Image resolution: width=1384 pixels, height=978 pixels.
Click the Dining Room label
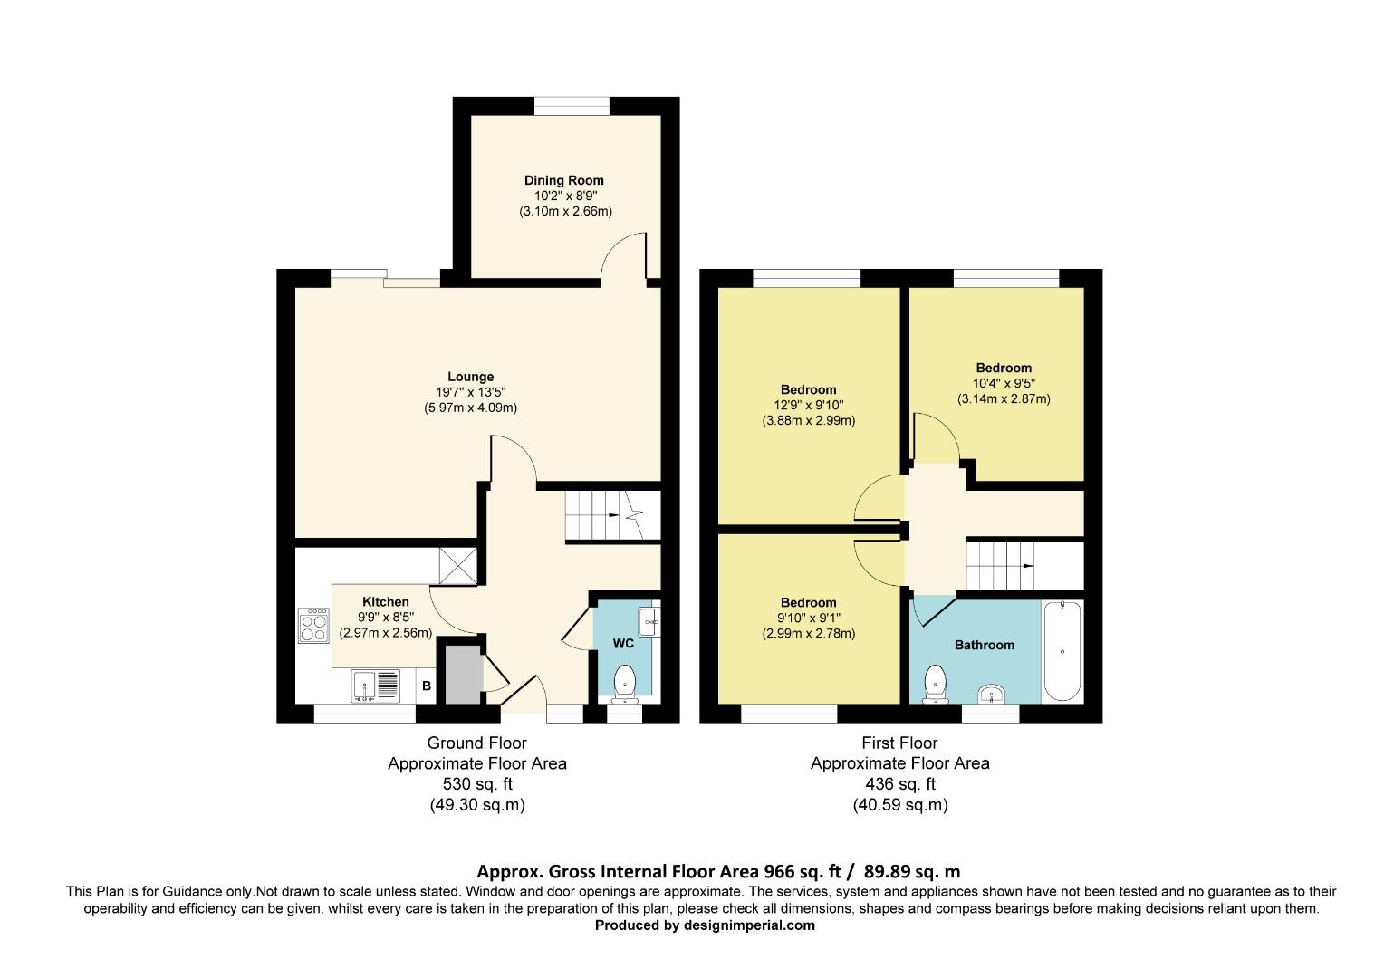[563, 180]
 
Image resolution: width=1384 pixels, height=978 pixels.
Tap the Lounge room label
[470, 377]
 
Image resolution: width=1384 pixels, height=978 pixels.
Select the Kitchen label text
[385, 602]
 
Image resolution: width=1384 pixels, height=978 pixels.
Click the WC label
[623, 644]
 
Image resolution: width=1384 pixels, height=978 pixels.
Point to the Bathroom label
[984, 645]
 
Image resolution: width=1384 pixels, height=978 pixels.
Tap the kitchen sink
[375, 686]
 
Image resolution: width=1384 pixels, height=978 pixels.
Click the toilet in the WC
[625, 684]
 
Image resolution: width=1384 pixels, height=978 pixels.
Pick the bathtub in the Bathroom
[1062, 651]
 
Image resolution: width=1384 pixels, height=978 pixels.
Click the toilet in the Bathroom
[934, 685]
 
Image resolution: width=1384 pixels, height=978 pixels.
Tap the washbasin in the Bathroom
[995, 695]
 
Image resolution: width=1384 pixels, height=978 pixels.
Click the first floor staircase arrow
[1028, 565]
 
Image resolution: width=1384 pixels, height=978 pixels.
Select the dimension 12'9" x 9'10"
[808, 406]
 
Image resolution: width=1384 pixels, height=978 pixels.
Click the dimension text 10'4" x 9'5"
[1004, 383]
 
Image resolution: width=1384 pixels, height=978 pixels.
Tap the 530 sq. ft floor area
[476, 784]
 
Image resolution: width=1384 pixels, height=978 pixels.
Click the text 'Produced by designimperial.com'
[705, 925]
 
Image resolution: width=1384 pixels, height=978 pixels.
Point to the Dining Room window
[571, 106]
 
